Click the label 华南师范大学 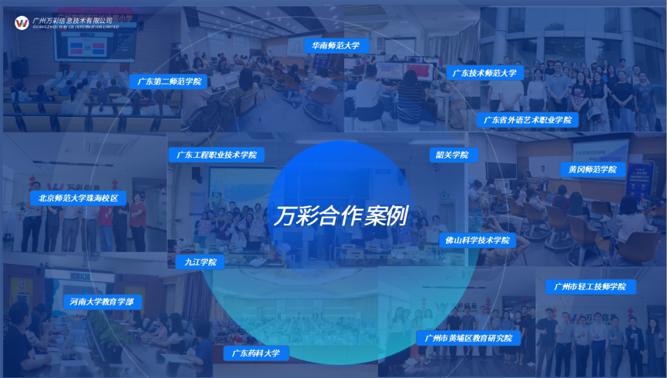click(335, 45)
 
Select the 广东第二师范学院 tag click(169, 81)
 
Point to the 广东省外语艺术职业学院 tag click(527, 120)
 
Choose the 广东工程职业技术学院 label click(216, 154)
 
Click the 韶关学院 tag click(452, 155)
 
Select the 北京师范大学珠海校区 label click(78, 198)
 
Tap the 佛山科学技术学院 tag click(477, 240)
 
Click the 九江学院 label click(200, 262)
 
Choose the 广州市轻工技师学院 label click(590, 286)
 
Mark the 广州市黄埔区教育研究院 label click(468, 338)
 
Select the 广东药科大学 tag click(256, 353)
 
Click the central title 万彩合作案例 click(341, 215)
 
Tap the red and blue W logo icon click(22, 23)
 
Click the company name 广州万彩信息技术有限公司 click(72, 20)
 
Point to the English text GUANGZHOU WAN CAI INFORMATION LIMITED click(75, 27)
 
